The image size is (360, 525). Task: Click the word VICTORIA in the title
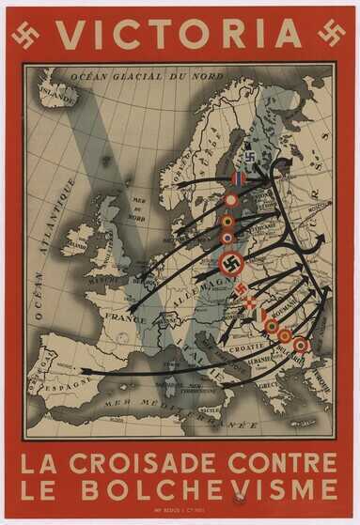coord(179,34)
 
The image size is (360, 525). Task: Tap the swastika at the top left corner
coord(24,34)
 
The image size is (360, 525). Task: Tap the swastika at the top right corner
coord(331,34)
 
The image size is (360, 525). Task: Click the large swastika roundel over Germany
coord(231,265)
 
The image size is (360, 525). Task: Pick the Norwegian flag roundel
coord(240,178)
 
